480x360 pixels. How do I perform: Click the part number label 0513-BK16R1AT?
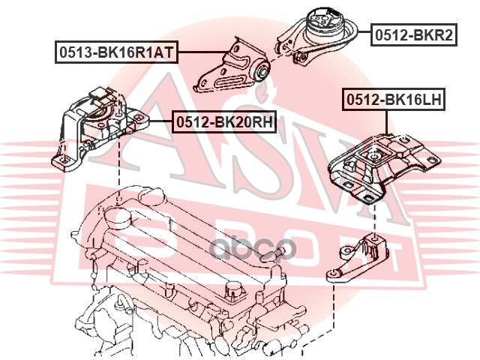click(115, 52)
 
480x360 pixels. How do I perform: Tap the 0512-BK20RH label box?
click(223, 121)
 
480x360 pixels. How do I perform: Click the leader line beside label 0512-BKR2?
click(362, 34)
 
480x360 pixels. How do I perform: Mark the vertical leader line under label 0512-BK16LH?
click(387, 124)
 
